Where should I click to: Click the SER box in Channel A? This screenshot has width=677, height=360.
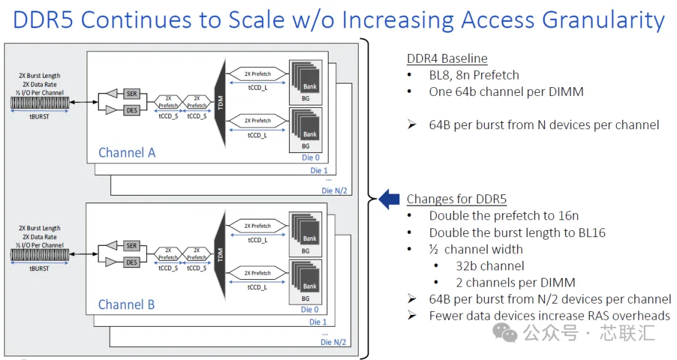tap(132, 93)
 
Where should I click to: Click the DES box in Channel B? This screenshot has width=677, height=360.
tap(132, 262)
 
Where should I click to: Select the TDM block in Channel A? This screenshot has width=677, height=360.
tap(220, 103)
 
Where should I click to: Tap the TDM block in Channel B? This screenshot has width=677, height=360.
tap(220, 255)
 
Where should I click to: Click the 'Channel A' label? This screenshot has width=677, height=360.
tap(127, 152)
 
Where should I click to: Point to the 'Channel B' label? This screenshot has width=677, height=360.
tap(127, 305)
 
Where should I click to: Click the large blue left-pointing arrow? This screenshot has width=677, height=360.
tap(389, 199)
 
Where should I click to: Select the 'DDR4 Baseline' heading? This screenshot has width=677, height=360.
tap(448, 58)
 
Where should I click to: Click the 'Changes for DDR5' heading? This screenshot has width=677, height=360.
tap(456, 199)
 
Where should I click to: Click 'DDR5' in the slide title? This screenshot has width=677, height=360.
tap(44, 20)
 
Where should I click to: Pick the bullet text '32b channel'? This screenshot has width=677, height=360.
tap(490, 266)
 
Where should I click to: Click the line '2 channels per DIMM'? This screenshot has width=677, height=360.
tap(515, 283)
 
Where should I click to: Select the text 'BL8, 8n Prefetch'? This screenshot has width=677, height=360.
tap(474, 75)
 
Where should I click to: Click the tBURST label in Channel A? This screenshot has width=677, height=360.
tap(39, 117)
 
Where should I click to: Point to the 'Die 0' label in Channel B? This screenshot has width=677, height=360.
tap(310, 309)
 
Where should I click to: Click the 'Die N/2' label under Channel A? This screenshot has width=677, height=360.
tap(334, 191)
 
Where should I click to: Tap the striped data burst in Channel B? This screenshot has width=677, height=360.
tap(39, 255)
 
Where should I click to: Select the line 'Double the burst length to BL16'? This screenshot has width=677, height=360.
tap(517, 233)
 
